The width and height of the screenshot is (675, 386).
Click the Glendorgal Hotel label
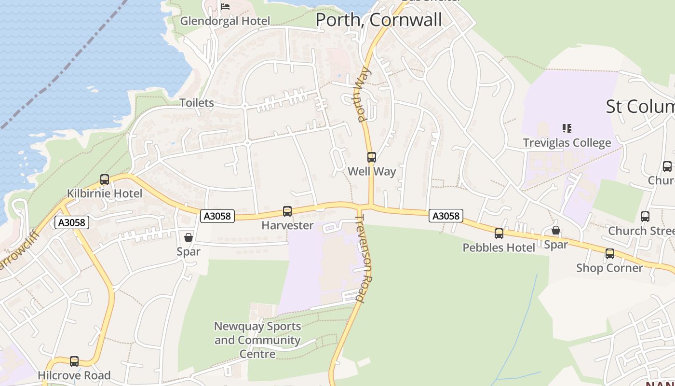pos(225,21)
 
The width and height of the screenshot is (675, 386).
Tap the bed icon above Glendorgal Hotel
pos(225,6)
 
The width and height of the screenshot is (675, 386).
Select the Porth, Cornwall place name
pos(378,20)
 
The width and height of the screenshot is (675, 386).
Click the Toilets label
pos(197,103)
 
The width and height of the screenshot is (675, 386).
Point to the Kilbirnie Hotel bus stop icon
pos(105,179)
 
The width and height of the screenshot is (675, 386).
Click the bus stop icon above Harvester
pos(287,211)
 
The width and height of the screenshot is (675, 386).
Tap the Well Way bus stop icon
pos(371,157)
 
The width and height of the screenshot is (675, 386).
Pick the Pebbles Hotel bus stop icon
pos(499,234)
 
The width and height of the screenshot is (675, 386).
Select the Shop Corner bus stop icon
pos(610,253)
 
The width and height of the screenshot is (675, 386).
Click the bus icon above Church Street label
pos(645,217)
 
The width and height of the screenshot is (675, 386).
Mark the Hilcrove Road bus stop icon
pos(74,361)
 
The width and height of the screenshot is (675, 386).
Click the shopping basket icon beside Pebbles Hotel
pos(556,230)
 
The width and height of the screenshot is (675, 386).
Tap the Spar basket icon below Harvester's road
pos(189,237)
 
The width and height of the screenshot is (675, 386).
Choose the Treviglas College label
pos(567,143)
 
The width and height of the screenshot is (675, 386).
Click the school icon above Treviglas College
pos(567,128)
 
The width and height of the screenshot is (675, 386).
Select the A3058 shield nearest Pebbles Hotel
pos(446,216)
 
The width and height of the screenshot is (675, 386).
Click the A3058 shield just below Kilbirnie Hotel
pos(72,222)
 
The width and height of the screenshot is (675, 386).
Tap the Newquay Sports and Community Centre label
pos(257,340)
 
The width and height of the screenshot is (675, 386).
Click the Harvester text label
pos(287,225)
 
